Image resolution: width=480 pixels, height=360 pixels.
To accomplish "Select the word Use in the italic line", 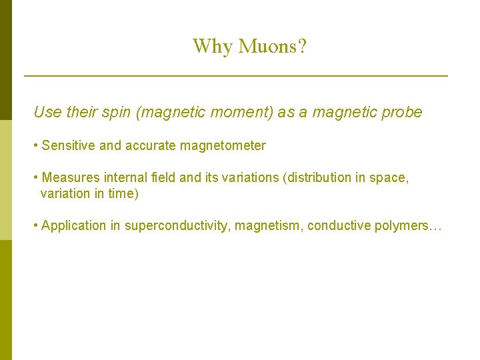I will pos(47,112).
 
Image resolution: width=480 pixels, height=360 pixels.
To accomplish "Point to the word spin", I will pos(115,112).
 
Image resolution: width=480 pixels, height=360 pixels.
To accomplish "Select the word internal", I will pos(124,178).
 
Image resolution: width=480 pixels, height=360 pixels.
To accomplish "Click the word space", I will pos(389,178).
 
